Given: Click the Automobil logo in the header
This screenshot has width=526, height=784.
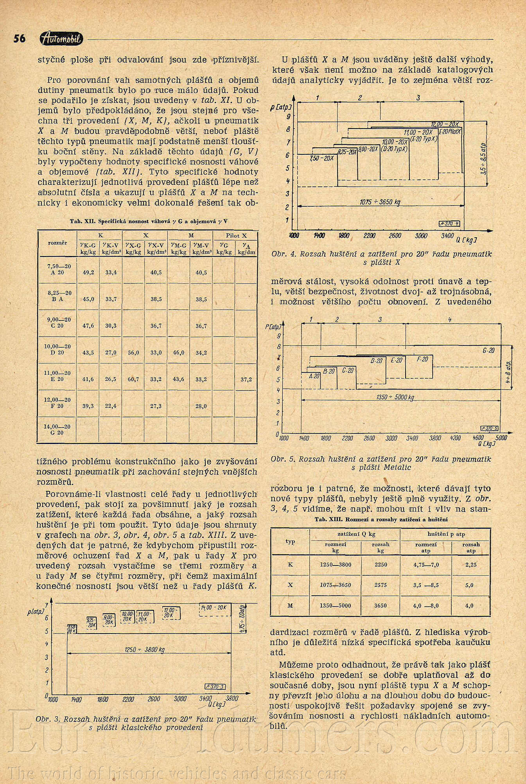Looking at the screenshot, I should pos(61,38).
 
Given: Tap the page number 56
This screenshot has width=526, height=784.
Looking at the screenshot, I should pos(20,38).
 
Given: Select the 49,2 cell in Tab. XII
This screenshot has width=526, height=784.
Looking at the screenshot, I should pos(88,272).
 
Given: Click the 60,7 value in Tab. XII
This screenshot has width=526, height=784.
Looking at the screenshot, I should pos(133,379).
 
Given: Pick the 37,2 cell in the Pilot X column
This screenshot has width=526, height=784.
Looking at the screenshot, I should pos(246,379).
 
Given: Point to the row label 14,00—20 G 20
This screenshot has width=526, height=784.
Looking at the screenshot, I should pos(57,430).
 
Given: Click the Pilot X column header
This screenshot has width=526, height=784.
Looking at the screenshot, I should pos(236,235).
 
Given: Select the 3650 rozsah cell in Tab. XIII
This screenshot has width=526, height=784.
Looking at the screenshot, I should pos(381,606).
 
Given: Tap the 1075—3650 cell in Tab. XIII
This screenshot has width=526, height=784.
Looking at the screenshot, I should pos(335,585).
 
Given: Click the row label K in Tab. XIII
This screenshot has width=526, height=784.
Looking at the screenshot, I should pos(290,564).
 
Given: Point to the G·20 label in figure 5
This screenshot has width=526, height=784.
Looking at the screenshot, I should pos(488,351).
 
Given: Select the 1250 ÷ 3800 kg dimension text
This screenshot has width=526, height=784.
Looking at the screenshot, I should pos(145,650).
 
